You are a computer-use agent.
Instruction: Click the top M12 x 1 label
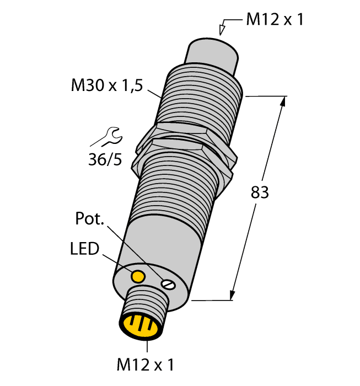(x=274, y=20)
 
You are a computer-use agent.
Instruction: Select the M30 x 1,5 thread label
(x=107, y=85)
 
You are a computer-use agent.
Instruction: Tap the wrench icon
(x=109, y=137)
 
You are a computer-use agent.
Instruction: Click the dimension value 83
(x=259, y=192)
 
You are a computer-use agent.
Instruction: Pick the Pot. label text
(x=89, y=219)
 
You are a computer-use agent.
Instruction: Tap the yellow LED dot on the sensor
(x=138, y=275)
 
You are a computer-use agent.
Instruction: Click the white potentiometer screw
(x=168, y=284)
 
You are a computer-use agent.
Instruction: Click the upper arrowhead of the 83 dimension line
(x=283, y=102)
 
